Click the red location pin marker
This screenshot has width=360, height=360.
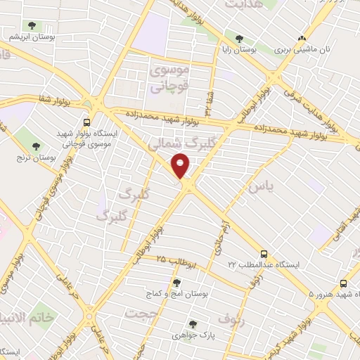(181, 166)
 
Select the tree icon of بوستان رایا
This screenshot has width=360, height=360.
(240, 39)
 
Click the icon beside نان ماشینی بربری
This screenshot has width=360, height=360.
(302, 39)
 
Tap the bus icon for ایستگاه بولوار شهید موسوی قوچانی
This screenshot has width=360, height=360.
(86, 121)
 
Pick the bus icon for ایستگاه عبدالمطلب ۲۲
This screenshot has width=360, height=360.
(264, 252)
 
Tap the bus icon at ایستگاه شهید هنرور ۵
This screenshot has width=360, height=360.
(343, 283)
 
